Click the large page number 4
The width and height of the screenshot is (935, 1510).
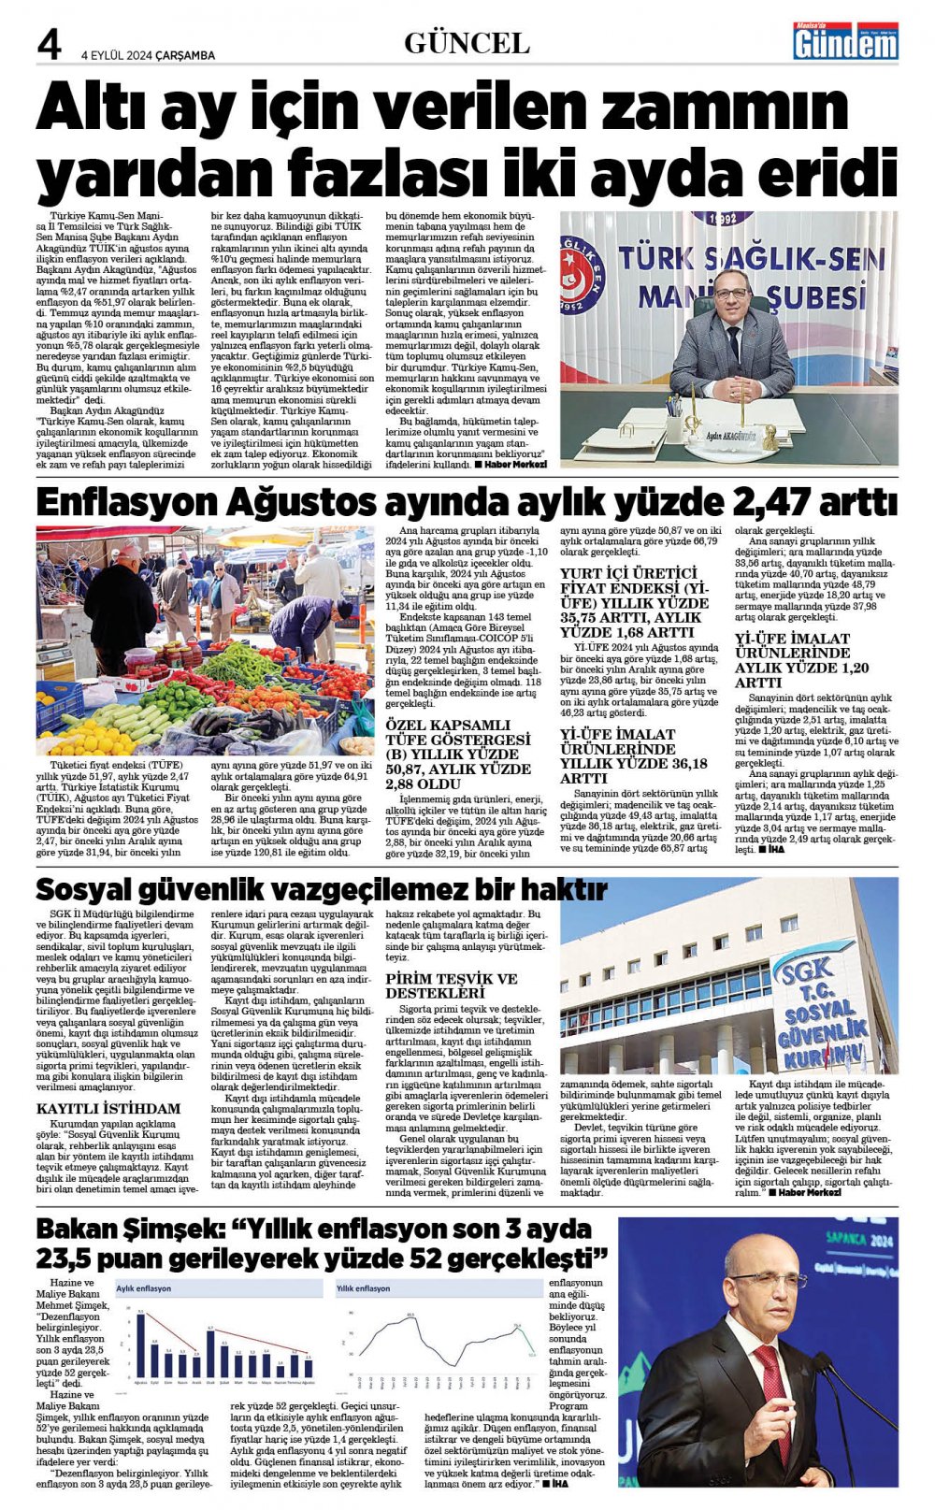click(x=49, y=45)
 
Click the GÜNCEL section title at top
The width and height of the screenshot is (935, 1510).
click(x=467, y=43)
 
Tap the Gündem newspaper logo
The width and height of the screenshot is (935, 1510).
click(x=845, y=42)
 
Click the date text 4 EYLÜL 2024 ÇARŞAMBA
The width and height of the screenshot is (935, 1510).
click(x=148, y=55)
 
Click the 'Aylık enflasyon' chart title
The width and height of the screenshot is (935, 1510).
click(x=144, y=1288)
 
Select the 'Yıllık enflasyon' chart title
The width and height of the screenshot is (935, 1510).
click(x=364, y=1288)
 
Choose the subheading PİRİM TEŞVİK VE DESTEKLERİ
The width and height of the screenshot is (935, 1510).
click(x=452, y=985)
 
